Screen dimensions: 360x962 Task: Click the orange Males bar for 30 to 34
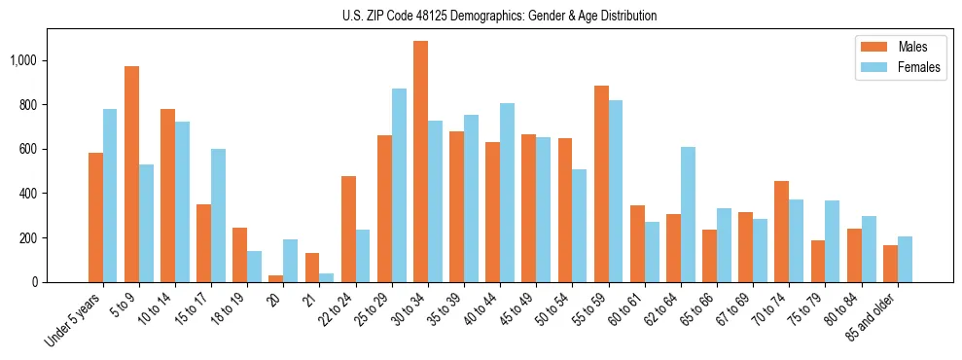(420, 162)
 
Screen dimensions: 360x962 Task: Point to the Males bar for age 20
(275, 278)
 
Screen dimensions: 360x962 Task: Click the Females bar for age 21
(326, 277)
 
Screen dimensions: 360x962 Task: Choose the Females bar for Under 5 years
(110, 196)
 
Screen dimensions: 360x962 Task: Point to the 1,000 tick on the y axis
(23, 60)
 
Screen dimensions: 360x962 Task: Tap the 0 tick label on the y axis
(35, 282)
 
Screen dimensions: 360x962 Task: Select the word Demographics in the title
(506, 16)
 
